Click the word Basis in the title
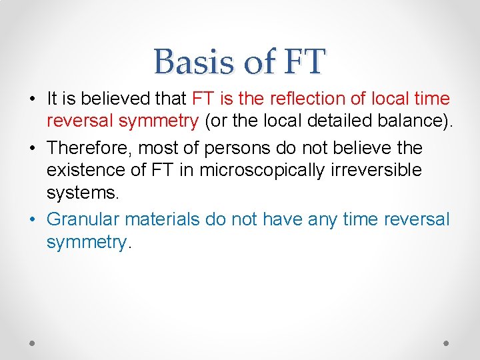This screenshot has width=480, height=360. (193, 62)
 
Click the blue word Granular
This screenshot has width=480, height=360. (83, 219)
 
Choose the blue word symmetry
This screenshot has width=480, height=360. (86, 242)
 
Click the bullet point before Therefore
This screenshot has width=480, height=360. (33, 147)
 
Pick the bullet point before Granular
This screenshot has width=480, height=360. (33, 219)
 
